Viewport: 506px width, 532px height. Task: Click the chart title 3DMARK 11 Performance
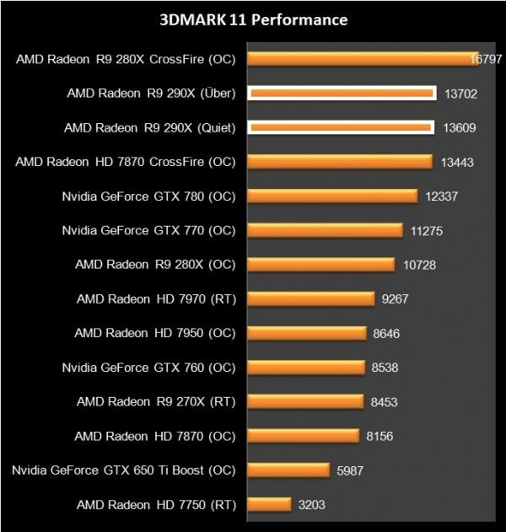(x=253, y=19)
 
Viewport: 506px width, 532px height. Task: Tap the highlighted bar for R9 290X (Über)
(x=342, y=94)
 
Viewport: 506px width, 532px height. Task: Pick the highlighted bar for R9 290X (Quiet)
(x=342, y=127)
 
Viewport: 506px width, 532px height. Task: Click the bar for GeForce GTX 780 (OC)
(x=332, y=196)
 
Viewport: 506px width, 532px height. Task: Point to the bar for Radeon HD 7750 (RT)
(x=269, y=504)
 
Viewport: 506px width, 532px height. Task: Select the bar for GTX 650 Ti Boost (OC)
(x=288, y=470)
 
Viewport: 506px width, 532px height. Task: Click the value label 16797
(x=487, y=59)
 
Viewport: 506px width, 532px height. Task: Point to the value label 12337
(x=442, y=196)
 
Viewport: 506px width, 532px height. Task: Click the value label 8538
(x=385, y=367)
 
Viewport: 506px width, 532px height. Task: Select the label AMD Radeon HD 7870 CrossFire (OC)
(x=125, y=162)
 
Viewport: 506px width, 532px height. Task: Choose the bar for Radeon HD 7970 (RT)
(x=310, y=298)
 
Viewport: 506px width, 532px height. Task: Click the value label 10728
(x=418, y=265)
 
